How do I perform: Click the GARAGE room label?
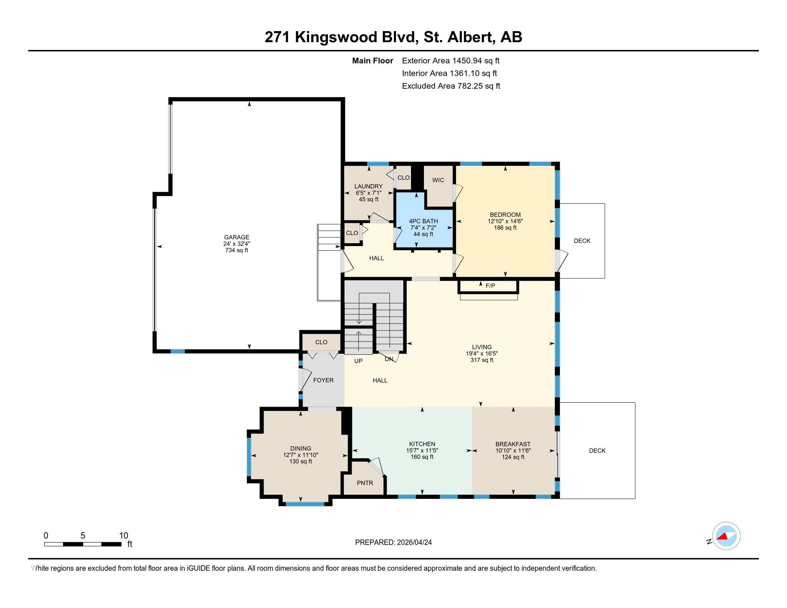[x=236, y=237]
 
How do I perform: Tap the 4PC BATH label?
[x=424, y=221]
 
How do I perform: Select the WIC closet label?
[x=438, y=180]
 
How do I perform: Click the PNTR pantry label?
[x=365, y=483]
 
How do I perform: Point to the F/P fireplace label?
[x=490, y=286]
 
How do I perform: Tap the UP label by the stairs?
[x=358, y=361]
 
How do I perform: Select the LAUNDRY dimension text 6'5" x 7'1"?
[x=368, y=193]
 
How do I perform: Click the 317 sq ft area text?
[x=482, y=360]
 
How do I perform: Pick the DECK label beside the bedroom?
[x=582, y=241]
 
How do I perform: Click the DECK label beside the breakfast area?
[x=597, y=450]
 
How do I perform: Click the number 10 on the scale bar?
[x=124, y=535]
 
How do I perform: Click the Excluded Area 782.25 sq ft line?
[x=451, y=86]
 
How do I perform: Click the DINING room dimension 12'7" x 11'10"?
[x=300, y=455]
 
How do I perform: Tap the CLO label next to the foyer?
[x=321, y=342]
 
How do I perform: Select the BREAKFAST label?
[x=513, y=444]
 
